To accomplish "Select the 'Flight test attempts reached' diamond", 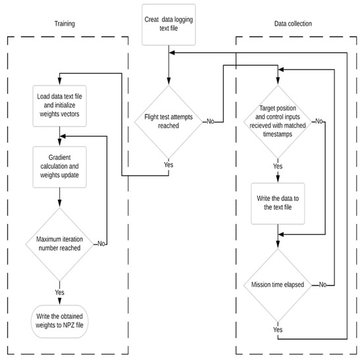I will (170, 121).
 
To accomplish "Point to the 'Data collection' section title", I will (294, 24).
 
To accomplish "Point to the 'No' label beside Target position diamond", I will (319, 121).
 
